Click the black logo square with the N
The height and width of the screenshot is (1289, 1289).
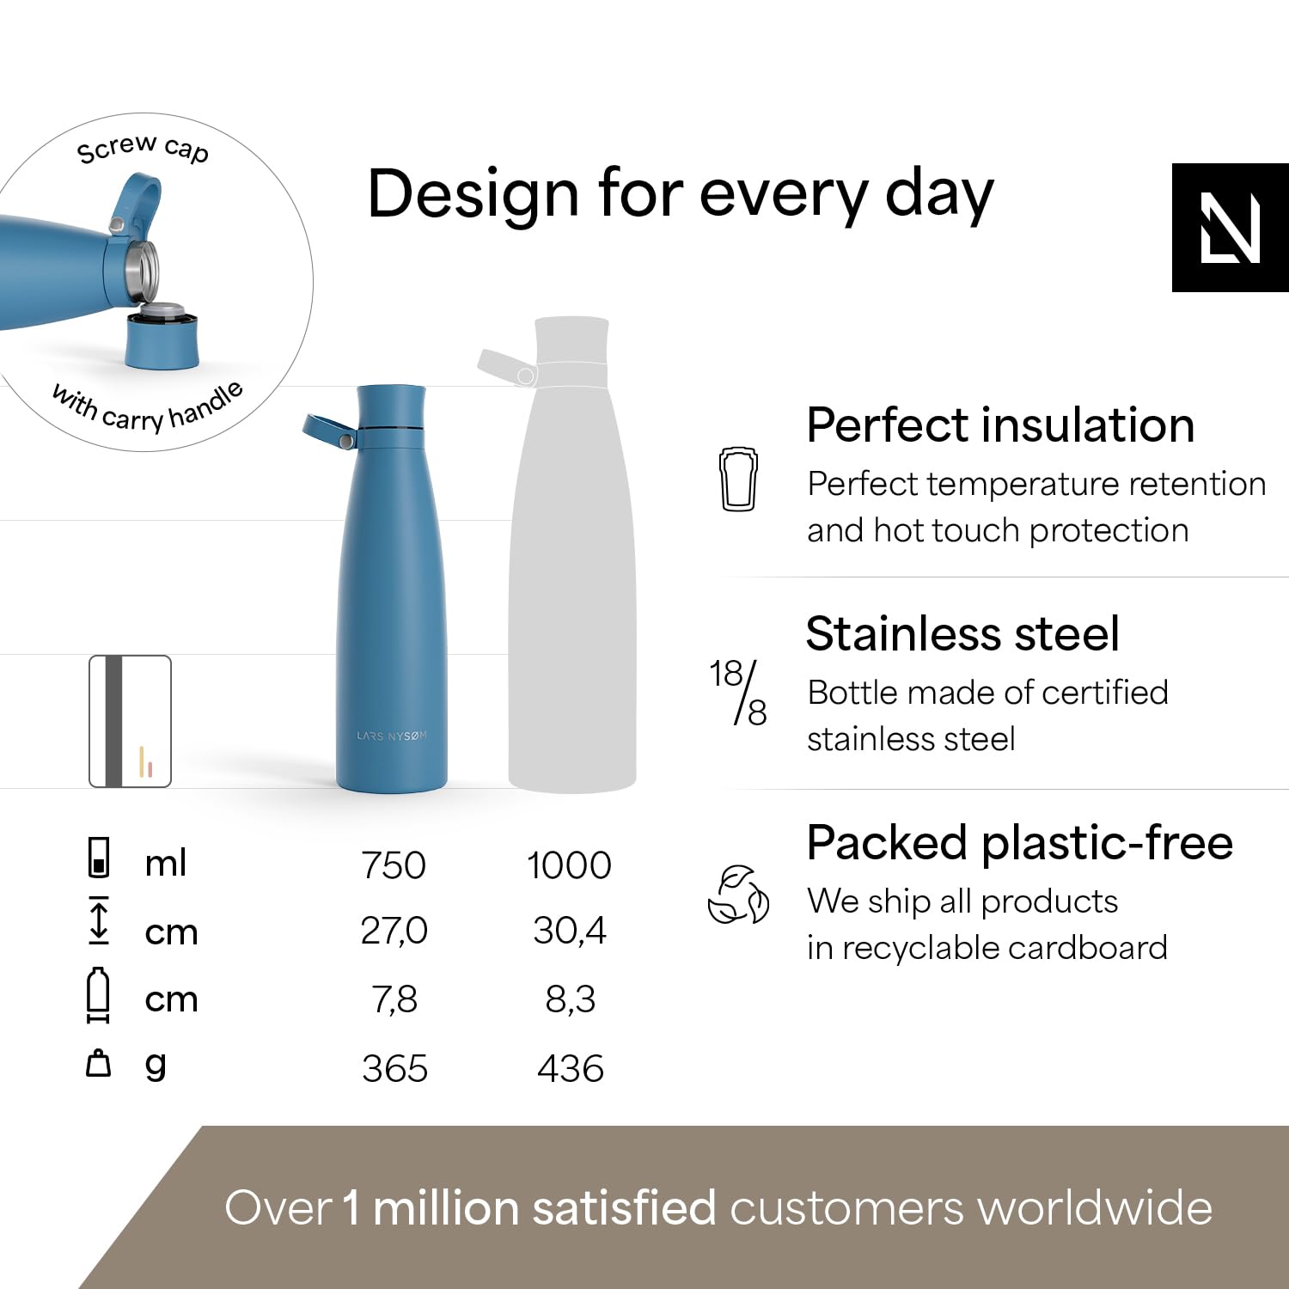1231,228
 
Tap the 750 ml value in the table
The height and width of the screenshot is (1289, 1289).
394,865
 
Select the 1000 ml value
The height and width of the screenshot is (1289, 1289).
569,865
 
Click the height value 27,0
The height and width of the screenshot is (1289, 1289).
394,932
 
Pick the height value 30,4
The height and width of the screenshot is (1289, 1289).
570,932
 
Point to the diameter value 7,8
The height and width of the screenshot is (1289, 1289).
394,999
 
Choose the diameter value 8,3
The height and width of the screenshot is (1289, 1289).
571,999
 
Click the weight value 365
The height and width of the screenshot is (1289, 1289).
394,1069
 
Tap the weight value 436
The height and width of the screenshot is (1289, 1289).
571,1069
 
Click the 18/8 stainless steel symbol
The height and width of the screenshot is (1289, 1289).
738,693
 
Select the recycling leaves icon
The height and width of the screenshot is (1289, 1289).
738,895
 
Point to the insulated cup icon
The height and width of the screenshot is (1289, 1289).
737,479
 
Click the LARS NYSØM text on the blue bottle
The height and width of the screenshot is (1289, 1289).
392,736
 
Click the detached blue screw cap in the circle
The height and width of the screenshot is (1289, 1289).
162,337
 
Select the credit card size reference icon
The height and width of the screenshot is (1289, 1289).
131,722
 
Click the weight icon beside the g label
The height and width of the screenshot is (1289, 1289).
99,1063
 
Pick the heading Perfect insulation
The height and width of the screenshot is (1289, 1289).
1000,425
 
